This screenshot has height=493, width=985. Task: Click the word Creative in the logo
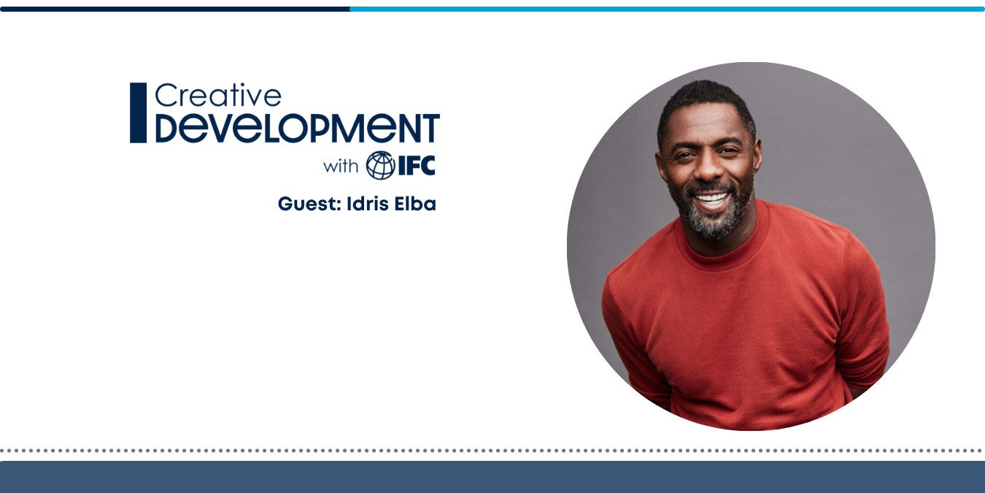point(217,95)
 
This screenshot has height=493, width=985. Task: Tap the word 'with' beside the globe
point(341,166)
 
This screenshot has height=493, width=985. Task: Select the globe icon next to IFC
point(380,166)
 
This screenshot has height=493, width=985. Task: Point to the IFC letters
point(416,166)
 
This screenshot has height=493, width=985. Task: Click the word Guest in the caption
point(306,205)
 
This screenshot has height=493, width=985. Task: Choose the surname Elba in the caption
point(415,205)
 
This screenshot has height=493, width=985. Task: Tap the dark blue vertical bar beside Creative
point(138,112)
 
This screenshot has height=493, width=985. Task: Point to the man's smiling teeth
point(711,198)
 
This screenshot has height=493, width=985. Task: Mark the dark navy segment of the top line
point(175,9)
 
